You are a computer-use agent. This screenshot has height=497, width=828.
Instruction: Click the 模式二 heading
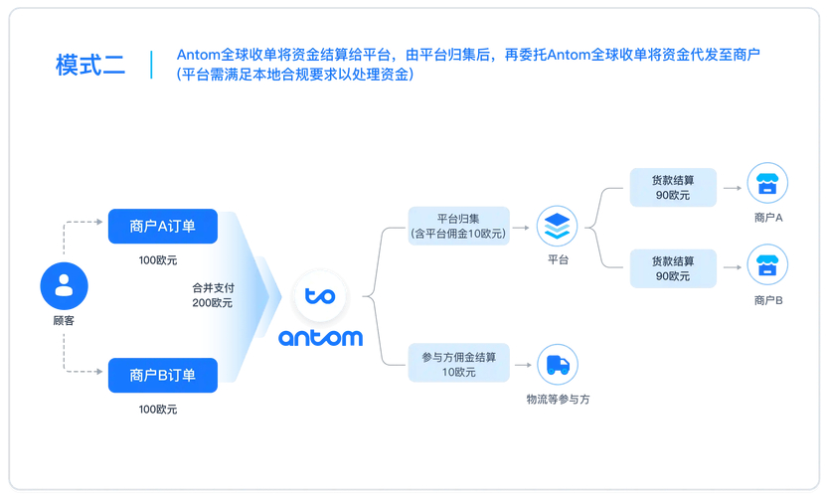[x=90, y=66]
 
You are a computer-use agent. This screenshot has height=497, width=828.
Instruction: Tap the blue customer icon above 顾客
[x=64, y=285]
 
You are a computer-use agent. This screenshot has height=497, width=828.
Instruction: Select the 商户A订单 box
[x=162, y=227]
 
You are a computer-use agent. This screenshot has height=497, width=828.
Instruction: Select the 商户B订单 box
[x=162, y=375]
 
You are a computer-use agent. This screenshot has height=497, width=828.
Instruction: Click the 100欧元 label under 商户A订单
[x=158, y=260]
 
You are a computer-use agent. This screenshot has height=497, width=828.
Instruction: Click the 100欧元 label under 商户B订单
[x=158, y=409]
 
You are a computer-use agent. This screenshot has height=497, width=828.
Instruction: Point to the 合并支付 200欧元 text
[x=213, y=295]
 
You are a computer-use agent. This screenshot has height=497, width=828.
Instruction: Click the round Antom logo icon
[x=320, y=295]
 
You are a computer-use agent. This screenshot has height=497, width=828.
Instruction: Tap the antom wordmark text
[x=320, y=338]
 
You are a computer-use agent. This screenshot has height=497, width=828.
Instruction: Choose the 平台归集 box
[x=458, y=226]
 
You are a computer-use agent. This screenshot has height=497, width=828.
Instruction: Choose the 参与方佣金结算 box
[x=458, y=364]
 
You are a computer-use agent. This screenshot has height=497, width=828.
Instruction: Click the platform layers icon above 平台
[x=557, y=227]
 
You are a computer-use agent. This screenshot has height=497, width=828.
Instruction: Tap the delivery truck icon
[x=558, y=365]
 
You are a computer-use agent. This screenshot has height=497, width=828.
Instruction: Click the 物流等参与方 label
[x=558, y=399]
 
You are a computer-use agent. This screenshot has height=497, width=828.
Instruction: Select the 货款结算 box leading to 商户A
[x=673, y=188]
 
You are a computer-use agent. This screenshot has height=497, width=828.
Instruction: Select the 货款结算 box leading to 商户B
[x=673, y=268]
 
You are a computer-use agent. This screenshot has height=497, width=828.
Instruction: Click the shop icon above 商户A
[x=767, y=184]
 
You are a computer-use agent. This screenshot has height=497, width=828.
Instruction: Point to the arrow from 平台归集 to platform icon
[x=522, y=228]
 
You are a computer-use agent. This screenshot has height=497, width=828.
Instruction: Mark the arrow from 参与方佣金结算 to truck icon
[x=522, y=365]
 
